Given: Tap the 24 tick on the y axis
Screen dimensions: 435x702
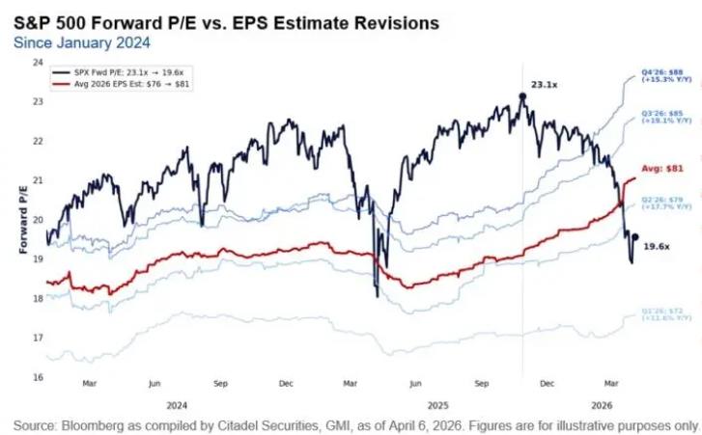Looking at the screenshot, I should (38, 62).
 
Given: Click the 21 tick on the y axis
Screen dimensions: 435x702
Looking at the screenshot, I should (38, 180).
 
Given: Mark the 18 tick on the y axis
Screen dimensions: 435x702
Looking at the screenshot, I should (38, 299).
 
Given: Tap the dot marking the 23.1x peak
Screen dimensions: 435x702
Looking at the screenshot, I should (522, 95).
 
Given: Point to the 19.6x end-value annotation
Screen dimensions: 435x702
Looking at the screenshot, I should (657, 247).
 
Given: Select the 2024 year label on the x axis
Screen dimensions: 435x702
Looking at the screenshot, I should (177, 405).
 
